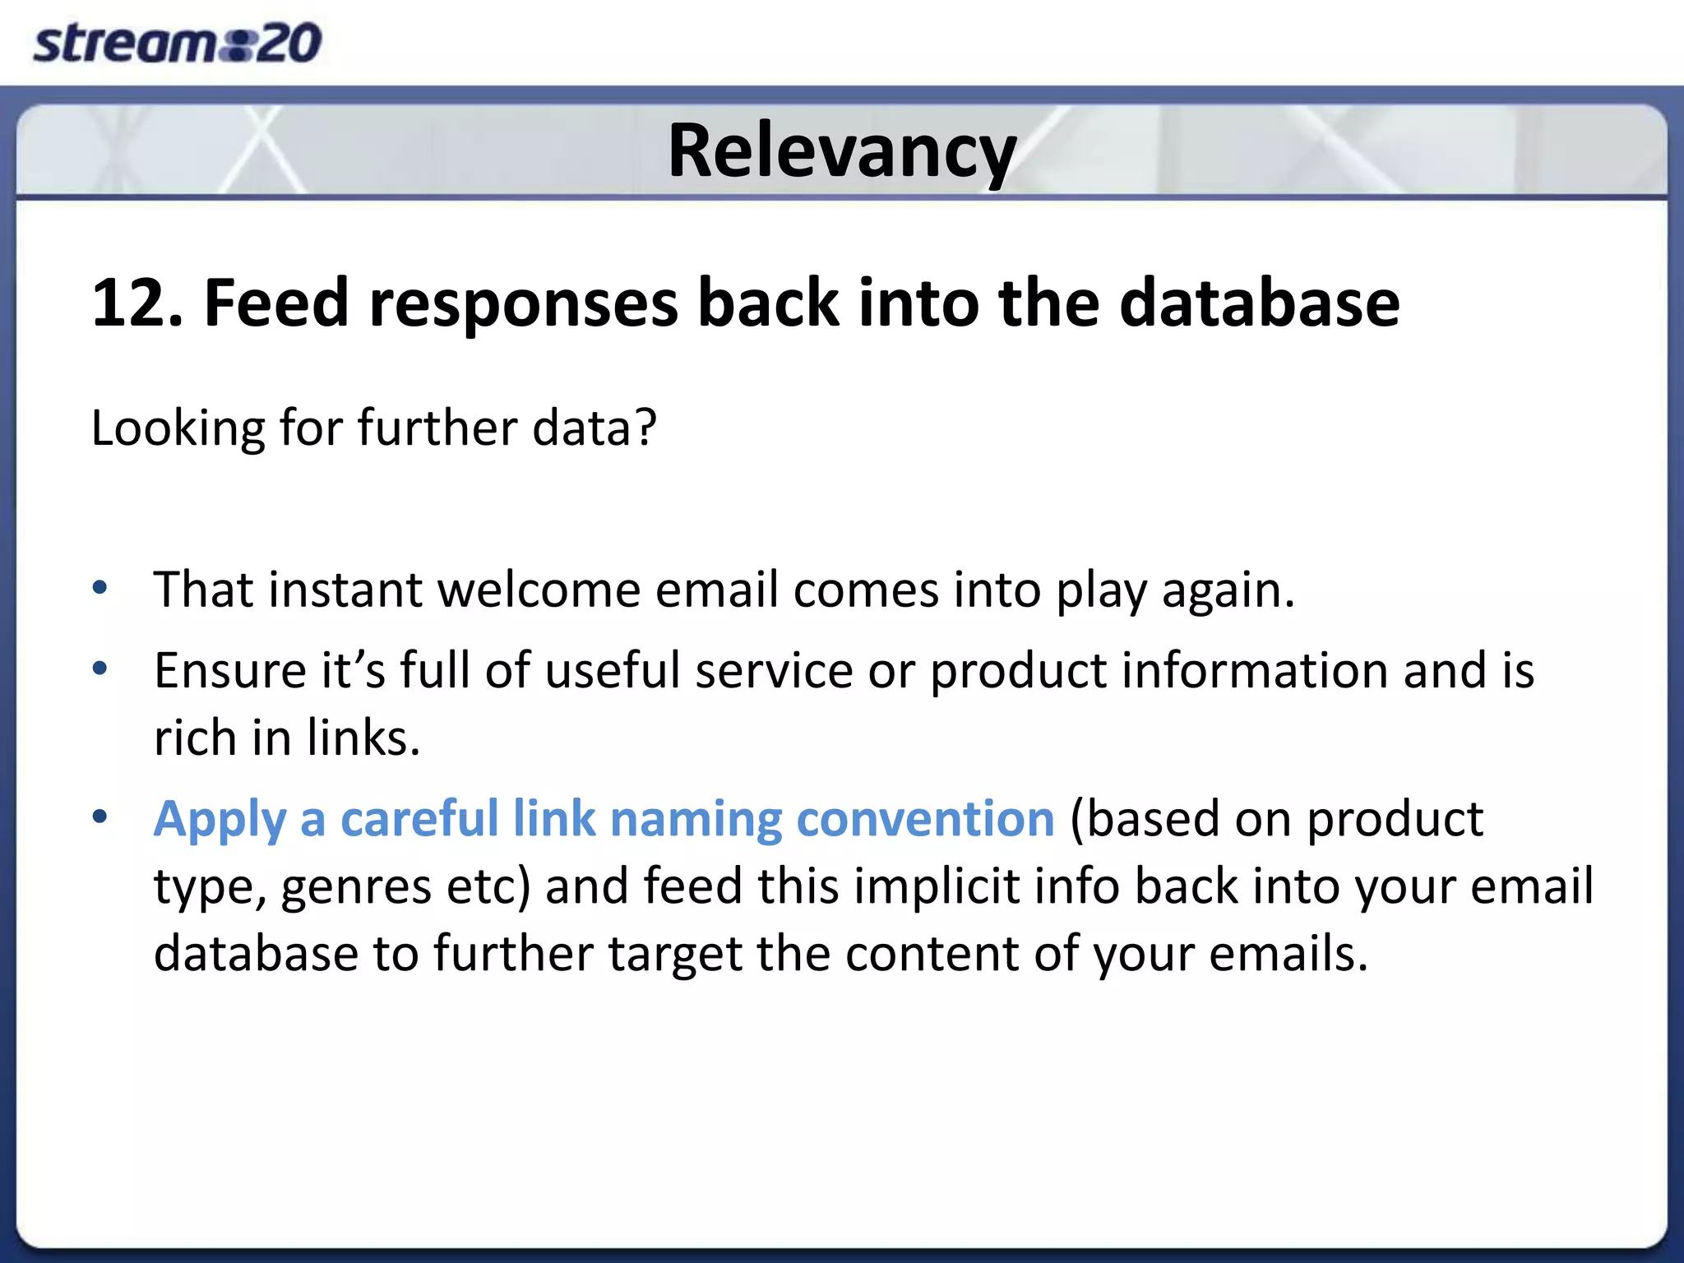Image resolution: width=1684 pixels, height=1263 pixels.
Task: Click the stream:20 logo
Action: point(177,43)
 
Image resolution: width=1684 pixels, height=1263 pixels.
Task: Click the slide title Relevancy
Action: point(842,150)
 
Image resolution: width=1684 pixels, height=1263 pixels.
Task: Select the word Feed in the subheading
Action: point(276,303)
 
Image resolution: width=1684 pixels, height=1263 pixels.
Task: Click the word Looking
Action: point(178,428)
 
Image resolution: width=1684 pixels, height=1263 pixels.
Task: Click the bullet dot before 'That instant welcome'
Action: point(100,588)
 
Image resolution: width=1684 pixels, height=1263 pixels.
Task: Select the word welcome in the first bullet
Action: point(539,590)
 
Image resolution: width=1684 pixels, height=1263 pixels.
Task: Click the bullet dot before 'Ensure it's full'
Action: point(100,669)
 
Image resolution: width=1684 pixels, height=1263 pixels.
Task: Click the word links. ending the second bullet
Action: point(363,738)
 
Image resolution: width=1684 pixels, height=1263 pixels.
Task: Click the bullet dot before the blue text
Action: point(100,817)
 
